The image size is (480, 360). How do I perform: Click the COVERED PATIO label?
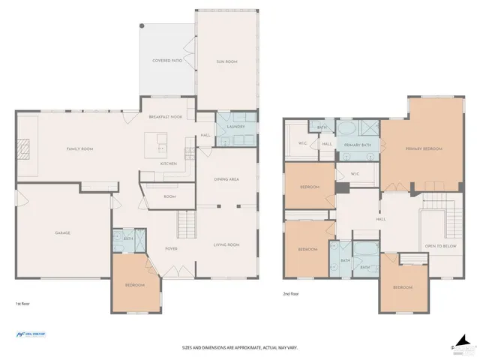coord(167,60)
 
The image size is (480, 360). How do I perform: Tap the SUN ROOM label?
coord(226,61)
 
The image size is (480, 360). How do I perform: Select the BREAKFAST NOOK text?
coord(166,118)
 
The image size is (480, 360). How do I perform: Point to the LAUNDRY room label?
coord(236,127)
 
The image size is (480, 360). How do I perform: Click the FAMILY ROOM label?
coord(79,149)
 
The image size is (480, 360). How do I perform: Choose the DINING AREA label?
coord(226,179)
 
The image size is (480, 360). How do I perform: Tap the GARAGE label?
coord(62,232)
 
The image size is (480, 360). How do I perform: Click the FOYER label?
coord(171,249)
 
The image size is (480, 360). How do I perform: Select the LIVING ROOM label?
coord(226,244)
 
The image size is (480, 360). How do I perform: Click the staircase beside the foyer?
coord(187,222)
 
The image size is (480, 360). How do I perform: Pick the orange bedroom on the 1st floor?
coord(136,283)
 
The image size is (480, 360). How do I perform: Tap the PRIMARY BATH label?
coord(357,144)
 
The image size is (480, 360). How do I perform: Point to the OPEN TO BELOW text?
coord(440,246)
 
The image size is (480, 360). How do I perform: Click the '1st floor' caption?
coord(23,304)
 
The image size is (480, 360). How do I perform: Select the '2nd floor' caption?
coord(290,294)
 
